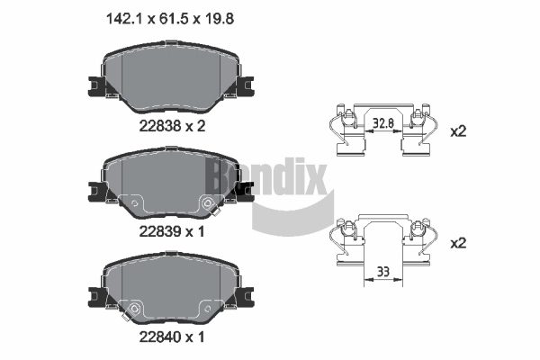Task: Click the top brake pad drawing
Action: coord(170,80)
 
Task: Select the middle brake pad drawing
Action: coord(170,185)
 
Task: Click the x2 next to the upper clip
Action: coord(459,131)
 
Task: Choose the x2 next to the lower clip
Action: coord(459,242)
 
